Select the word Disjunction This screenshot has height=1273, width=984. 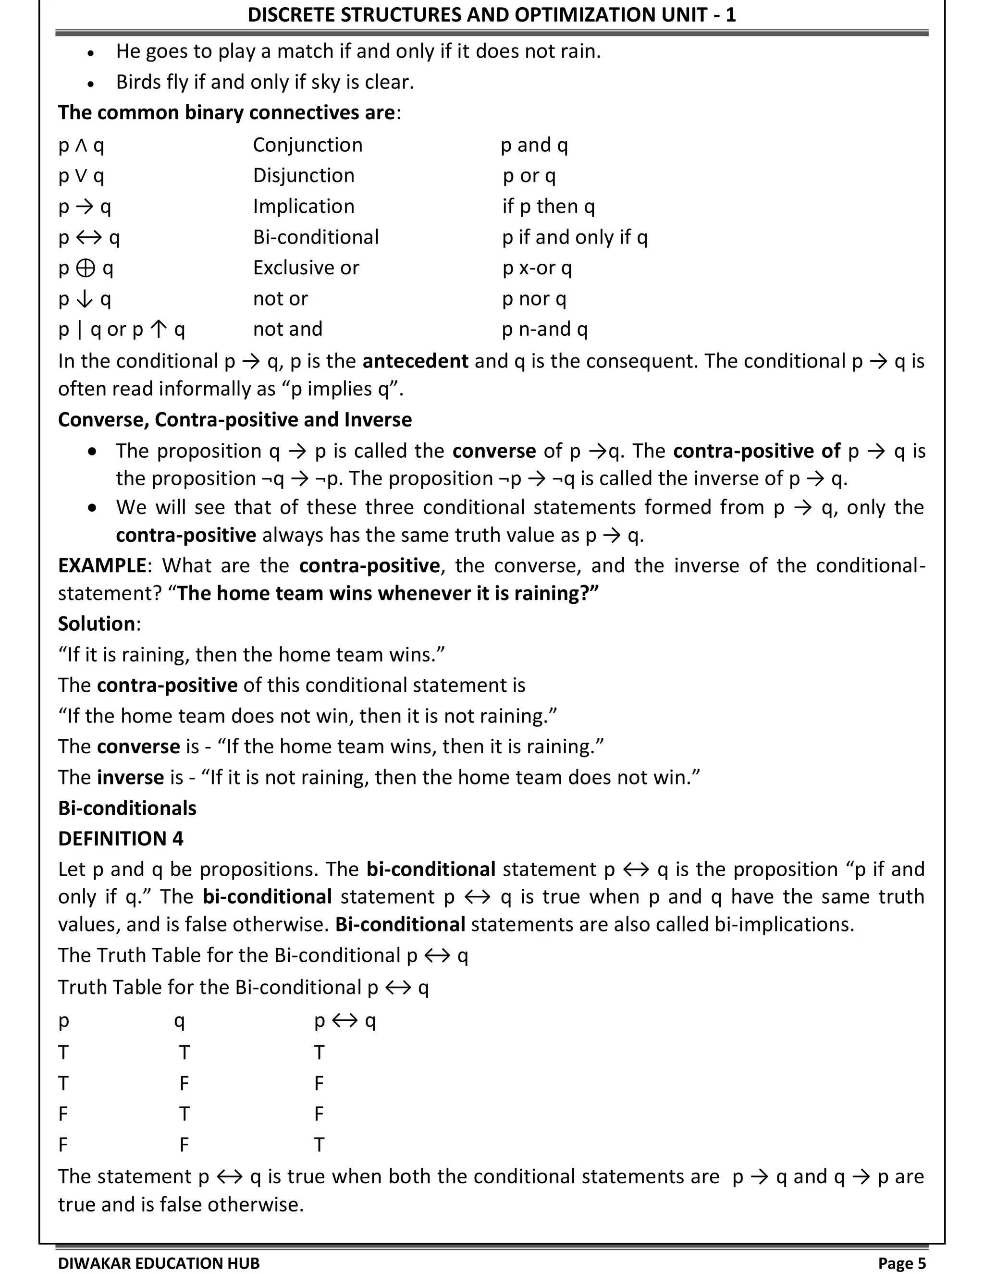point(303,175)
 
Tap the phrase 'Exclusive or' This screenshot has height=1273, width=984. point(306,268)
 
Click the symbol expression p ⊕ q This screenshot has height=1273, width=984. point(86,268)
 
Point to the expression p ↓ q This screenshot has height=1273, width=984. point(85,299)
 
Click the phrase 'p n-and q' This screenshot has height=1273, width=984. point(544,330)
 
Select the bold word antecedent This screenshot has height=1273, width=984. point(415,361)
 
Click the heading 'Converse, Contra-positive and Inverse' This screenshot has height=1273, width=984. point(234,420)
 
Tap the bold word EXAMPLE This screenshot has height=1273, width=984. point(101,565)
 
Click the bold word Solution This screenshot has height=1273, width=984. point(96,624)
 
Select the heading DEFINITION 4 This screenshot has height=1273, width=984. point(120,839)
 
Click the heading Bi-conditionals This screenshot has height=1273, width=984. point(127,808)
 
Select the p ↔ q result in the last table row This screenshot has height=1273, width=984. point(319,1145)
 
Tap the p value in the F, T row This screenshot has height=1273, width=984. point(63,1114)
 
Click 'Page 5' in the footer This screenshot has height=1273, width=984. point(901,1262)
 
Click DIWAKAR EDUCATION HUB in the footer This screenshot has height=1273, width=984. point(159,1262)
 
